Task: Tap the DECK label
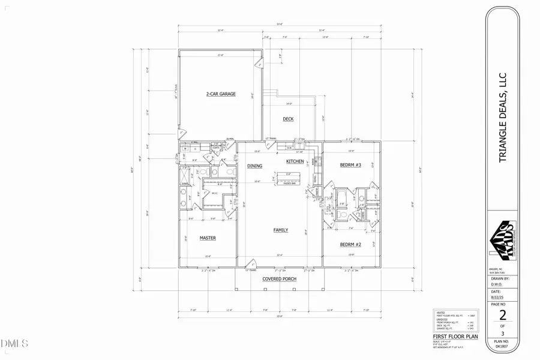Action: click(x=288, y=119)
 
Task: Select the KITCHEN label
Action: click(x=295, y=162)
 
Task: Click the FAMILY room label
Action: click(x=280, y=230)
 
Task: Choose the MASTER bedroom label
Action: click(x=208, y=238)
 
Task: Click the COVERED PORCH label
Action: click(x=280, y=279)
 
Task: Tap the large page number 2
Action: click(x=503, y=316)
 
